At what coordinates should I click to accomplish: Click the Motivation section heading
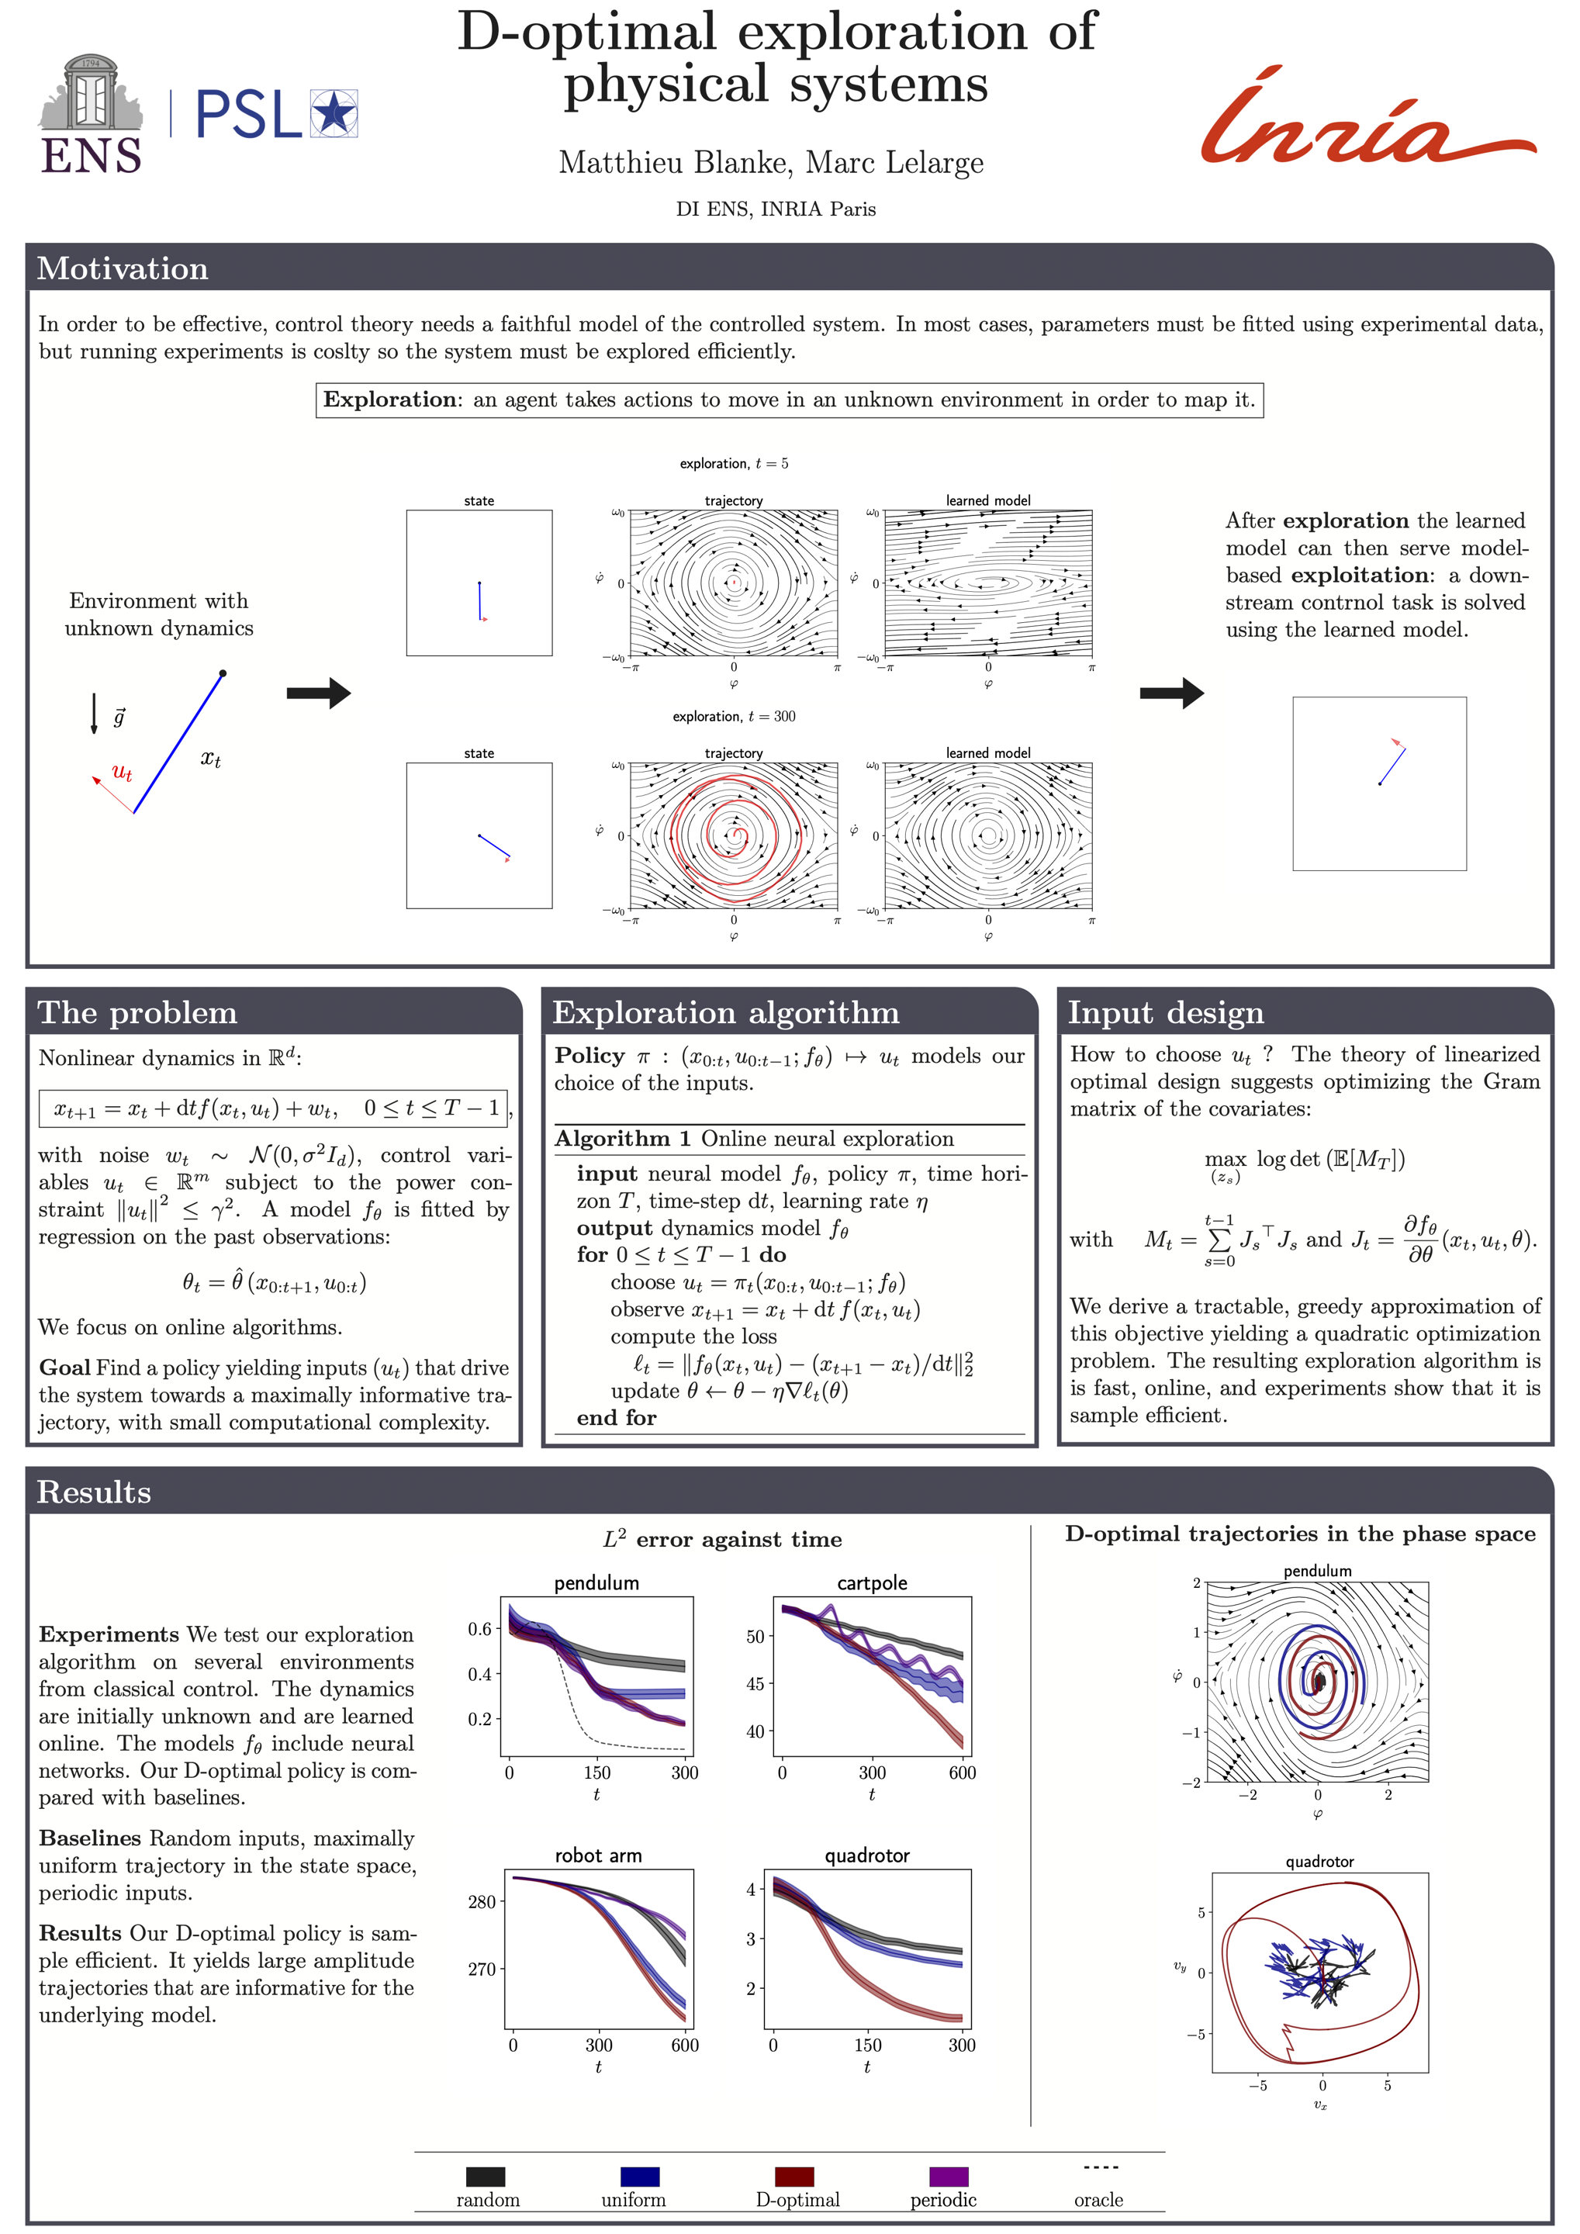[x=123, y=268]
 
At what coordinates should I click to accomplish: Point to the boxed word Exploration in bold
[x=389, y=400]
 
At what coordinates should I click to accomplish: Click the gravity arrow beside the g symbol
[x=95, y=713]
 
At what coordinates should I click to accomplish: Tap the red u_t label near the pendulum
[x=122, y=773]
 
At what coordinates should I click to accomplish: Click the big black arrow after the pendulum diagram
[x=318, y=693]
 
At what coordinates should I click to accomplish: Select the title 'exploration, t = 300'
[x=734, y=716]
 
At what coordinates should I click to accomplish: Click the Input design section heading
[x=1166, y=1013]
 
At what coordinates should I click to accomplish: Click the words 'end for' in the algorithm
[x=616, y=1418]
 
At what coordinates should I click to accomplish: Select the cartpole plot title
[x=872, y=1583]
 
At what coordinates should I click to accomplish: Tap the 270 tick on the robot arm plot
[x=482, y=1969]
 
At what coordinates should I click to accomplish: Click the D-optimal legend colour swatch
[x=794, y=2177]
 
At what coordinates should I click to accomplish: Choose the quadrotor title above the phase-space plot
[x=1319, y=1862]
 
